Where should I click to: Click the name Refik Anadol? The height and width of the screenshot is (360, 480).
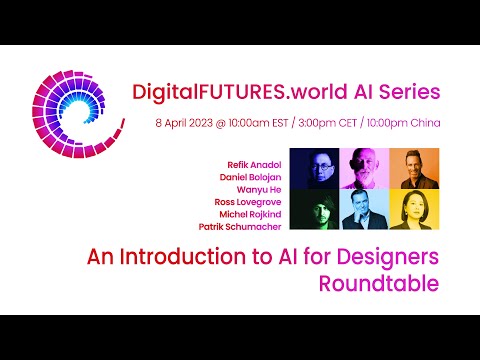pos(254,165)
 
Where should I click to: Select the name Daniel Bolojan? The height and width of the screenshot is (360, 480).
pos(250,177)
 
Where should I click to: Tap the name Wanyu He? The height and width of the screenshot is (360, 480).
pos(259,190)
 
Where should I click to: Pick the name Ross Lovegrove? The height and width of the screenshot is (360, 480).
pos(248,202)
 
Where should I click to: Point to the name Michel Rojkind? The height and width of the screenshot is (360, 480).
pos(250,214)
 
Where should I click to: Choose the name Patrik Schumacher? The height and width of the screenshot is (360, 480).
pos(240,227)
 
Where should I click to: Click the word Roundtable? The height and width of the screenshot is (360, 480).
pos(379,284)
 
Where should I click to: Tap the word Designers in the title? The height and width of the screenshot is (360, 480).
pos(388,257)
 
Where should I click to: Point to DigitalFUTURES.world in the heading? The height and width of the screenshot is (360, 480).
pos(240,92)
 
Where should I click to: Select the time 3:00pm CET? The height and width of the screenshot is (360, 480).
pos(327,123)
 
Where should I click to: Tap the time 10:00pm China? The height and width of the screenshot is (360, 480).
pos(403,123)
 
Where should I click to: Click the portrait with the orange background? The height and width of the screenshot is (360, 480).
pos(414,168)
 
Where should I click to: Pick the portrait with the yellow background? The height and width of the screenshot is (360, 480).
pos(414,209)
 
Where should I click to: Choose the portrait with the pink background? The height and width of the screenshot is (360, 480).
pos(364,168)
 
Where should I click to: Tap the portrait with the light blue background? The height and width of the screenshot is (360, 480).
pos(364,209)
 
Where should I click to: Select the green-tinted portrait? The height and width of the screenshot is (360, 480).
pos(314,209)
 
